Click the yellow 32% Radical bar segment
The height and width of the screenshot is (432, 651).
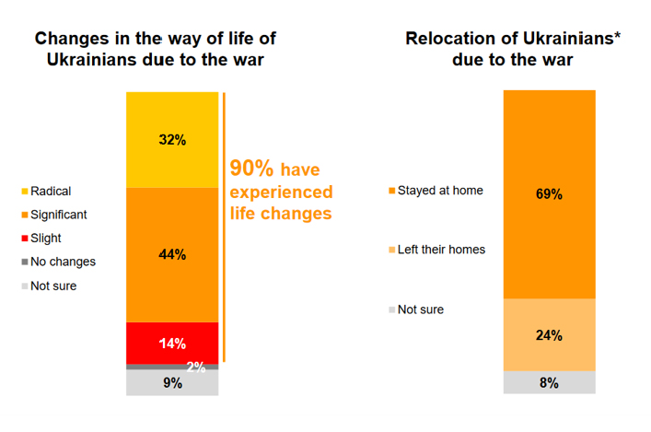[172, 140]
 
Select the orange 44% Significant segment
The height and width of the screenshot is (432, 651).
[172, 254]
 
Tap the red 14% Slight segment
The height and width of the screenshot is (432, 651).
[172, 343]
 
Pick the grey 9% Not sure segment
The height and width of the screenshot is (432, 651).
[172, 382]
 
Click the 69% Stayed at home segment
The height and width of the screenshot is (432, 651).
[550, 194]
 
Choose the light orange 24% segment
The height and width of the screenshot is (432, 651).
[550, 335]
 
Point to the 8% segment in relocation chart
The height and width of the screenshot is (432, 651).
[550, 383]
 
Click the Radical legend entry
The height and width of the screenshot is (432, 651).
[50, 192]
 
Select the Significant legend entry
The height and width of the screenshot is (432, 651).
[58, 215]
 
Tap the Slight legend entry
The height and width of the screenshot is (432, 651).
[46, 239]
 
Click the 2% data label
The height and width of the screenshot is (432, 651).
[196, 367]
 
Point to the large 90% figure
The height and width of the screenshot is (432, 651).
[251, 169]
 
